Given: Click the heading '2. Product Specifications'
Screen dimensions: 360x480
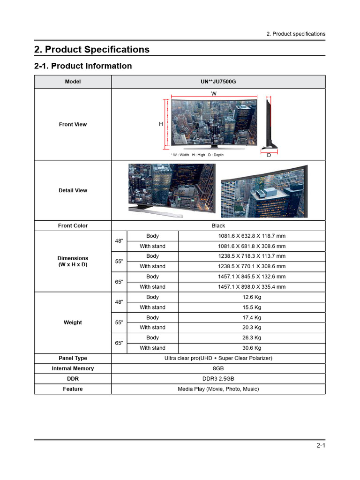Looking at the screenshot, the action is tap(92, 50).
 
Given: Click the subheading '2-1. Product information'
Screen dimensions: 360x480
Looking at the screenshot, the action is tap(83, 66).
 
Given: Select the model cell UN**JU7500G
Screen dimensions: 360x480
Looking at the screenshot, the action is tap(218, 82).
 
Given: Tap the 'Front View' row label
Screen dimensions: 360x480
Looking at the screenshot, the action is tap(73, 125).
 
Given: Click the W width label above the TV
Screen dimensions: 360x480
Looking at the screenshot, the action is tap(214, 94).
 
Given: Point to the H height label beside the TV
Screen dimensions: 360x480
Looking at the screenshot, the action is tap(161, 124).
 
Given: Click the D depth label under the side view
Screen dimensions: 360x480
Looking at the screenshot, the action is tap(269, 155).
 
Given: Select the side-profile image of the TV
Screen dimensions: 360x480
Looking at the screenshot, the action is tap(269, 122).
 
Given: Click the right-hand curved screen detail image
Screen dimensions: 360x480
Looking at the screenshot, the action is tap(264, 191).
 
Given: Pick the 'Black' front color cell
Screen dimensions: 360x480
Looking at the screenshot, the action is tap(218, 226).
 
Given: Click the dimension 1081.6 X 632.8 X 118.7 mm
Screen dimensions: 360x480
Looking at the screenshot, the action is tap(251, 236).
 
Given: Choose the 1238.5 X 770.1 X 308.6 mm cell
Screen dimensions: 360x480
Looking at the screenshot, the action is tap(251, 266).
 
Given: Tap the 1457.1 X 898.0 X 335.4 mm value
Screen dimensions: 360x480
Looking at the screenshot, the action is tap(251, 287).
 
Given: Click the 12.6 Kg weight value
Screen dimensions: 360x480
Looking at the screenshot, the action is tap(252, 297).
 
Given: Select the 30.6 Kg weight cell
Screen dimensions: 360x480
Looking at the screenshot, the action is tap(252, 348).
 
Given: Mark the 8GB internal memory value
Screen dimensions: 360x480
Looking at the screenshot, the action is tap(218, 368).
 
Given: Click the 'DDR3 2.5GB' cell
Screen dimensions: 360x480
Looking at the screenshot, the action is tap(218, 379).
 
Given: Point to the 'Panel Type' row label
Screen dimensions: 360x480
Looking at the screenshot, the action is tap(73, 358).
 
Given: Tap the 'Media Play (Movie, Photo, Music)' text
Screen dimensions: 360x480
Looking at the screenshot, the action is tap(218, 389).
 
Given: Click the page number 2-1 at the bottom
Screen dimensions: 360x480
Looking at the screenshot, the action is tap(321, 446).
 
